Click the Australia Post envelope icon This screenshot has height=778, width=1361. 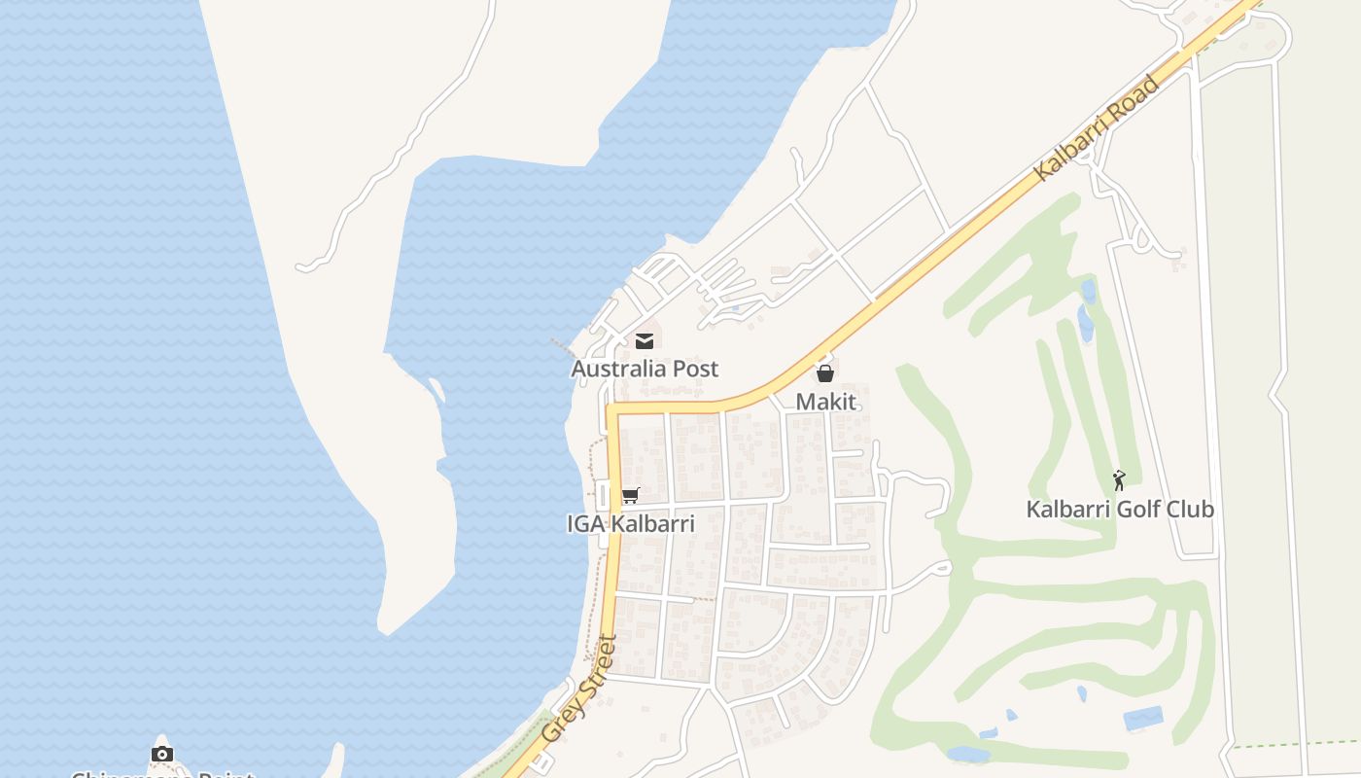click(644, 340)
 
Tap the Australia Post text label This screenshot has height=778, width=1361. click(645, 369)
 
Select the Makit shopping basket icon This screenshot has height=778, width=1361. click(825, 373)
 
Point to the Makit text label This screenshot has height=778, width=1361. click(826, 401)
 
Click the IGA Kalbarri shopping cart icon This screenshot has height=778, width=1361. click(630, 496)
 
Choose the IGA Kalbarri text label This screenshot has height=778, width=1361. click(631, 524)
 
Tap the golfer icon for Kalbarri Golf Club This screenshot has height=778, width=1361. click(1119, 480)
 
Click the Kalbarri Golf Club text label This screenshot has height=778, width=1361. click(1120, 509)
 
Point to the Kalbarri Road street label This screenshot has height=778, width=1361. click(1098, 127)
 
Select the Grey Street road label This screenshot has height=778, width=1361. click(579, 690)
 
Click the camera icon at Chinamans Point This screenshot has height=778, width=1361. click(162, 754)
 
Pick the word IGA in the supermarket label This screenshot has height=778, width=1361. click(585, 524)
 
